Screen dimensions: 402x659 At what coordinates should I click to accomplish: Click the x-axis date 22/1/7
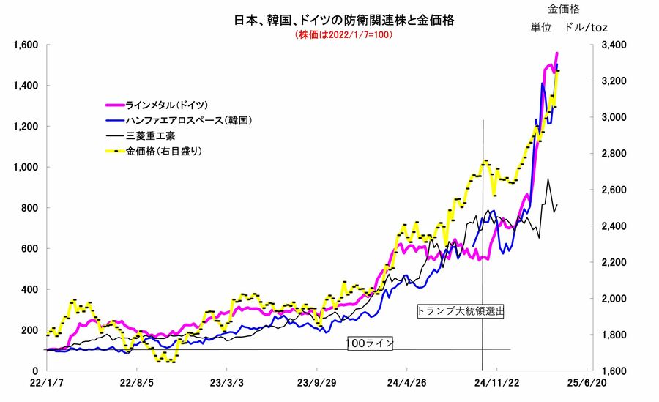pyautogui.click(x=47, y=382)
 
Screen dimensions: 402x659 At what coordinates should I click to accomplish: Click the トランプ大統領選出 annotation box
pyautogui.click(x=461, y=310)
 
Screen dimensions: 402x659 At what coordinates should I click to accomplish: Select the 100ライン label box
pyautogui.click(x=371, y=343)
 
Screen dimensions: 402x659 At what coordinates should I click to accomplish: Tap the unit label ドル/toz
pyautogui.click(x=587, y=27)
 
